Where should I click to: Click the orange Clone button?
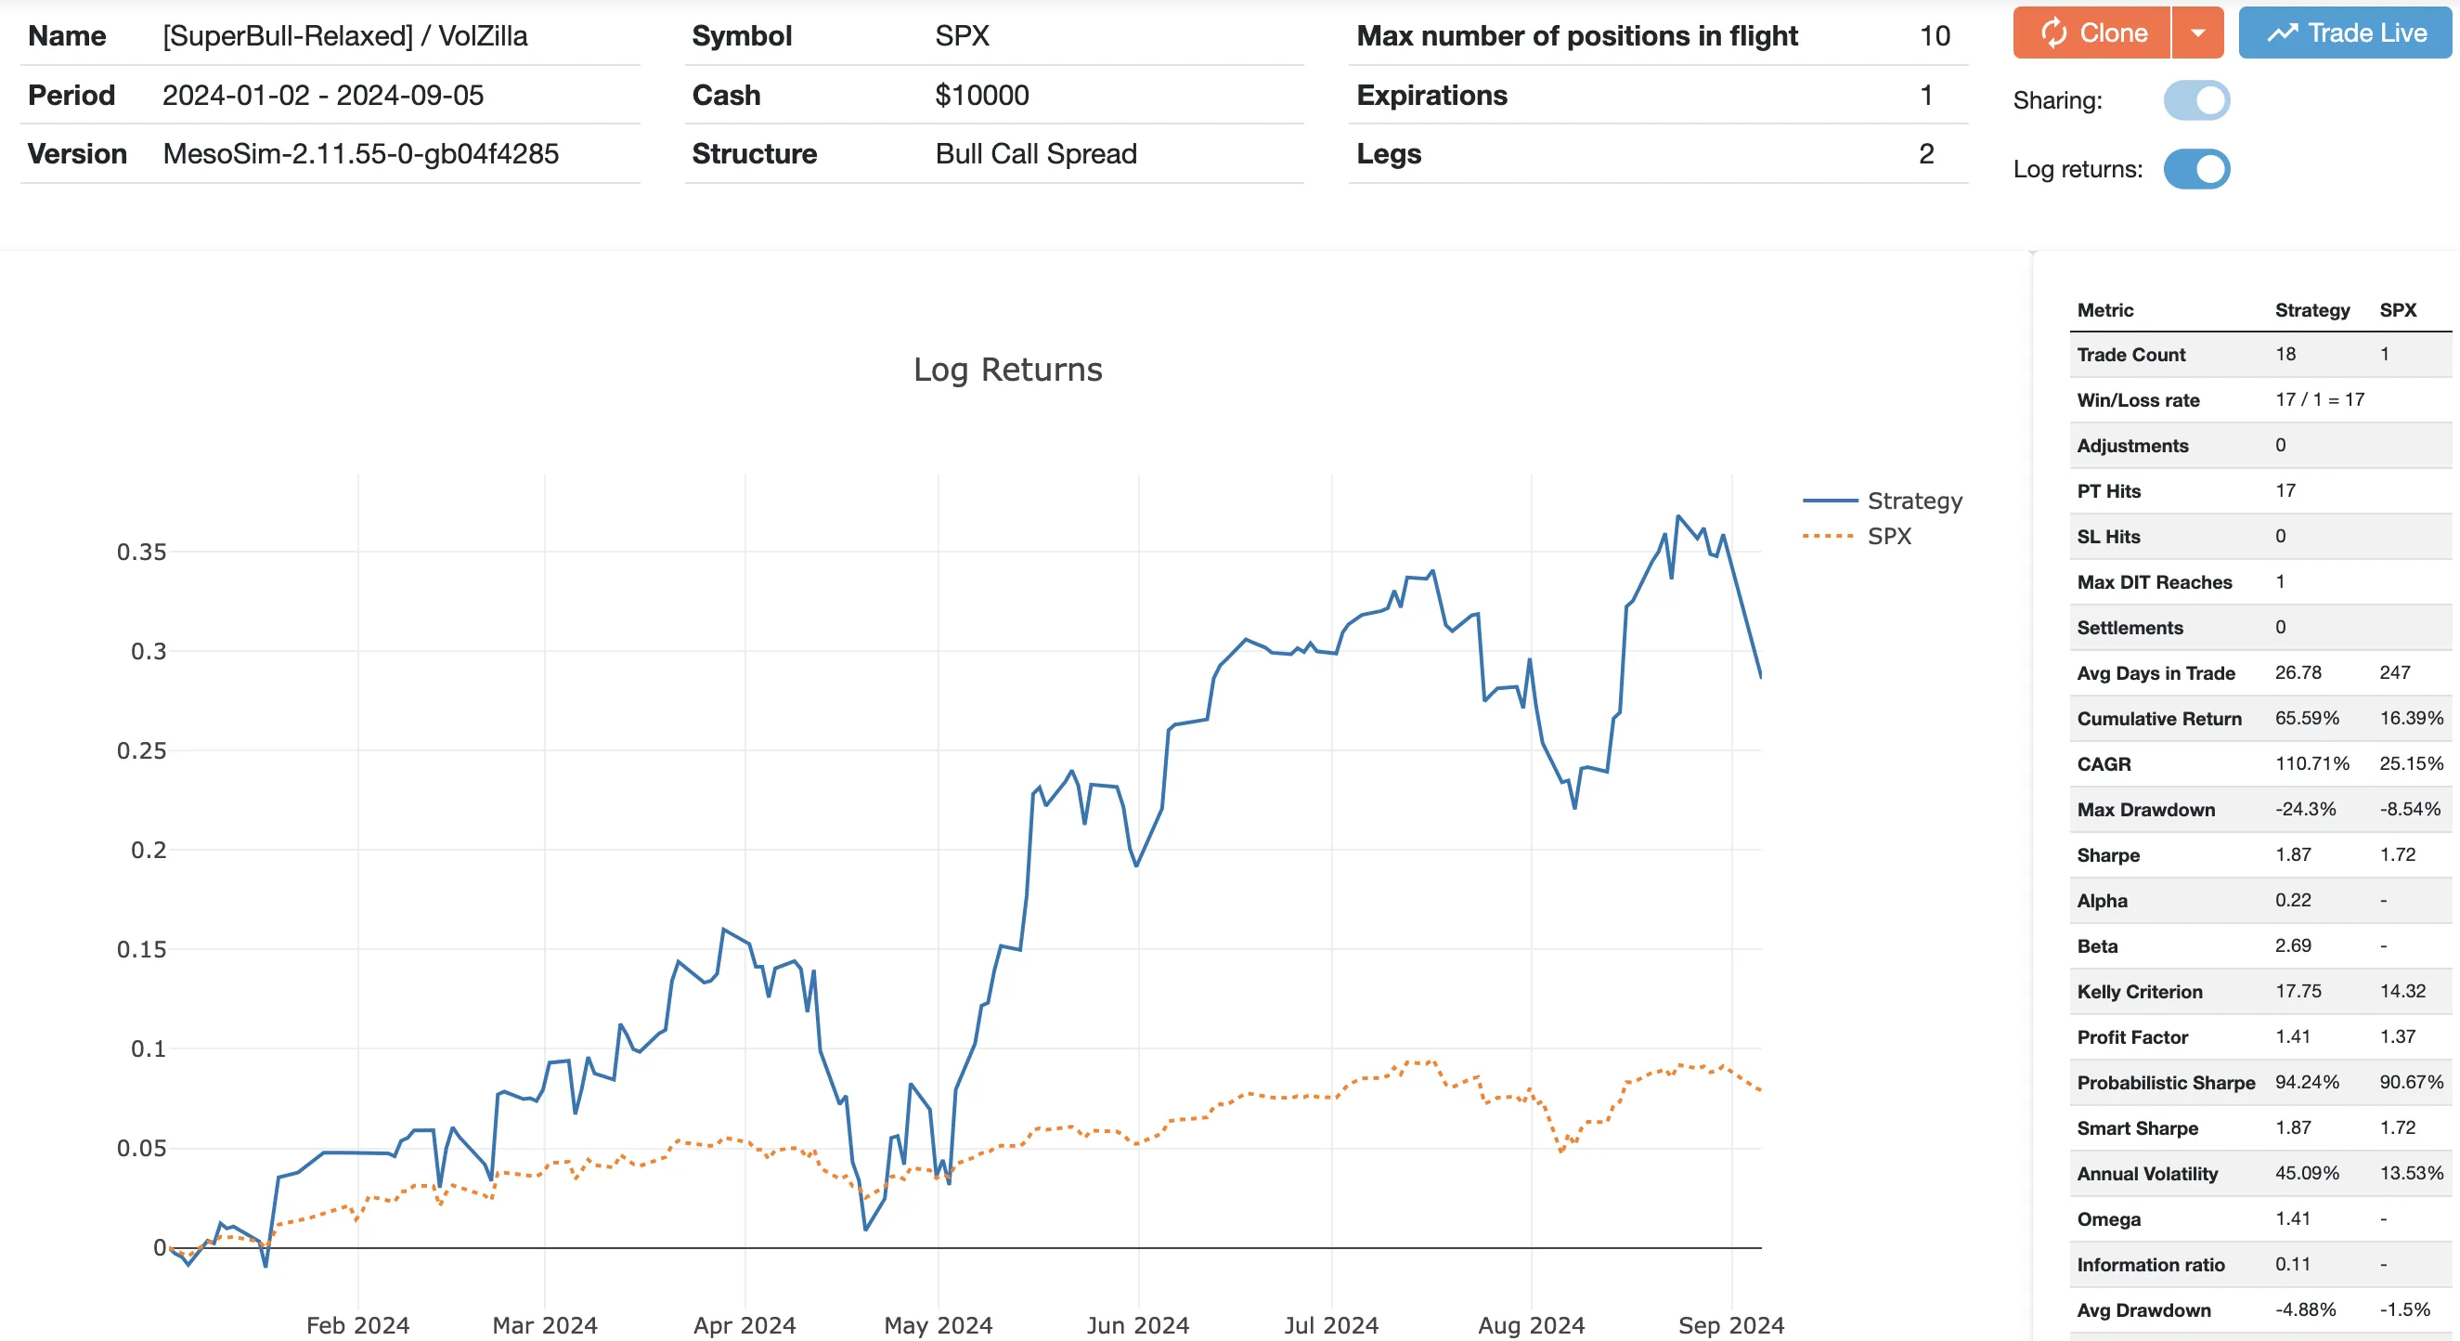click(2091, 33)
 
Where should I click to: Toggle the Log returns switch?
click(2196, 169)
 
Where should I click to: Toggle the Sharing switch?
click(2196, 100)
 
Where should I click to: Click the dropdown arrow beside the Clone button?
click(2197, 33)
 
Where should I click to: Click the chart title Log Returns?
click(1007, 370)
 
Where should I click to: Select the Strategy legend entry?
click(1914, 501)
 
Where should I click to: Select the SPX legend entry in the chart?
click(1889, 536)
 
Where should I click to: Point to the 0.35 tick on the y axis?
click(141, 552)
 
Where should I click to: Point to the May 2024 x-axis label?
click(938, 1325)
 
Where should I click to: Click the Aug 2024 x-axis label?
click(1531, 1325)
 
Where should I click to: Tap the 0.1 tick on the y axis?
click(148, 1048)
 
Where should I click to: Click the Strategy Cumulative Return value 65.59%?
click(2306, 718)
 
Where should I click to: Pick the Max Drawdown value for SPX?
click(2409, 809)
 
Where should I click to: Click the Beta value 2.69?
click(2293, 945)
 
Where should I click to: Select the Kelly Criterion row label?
click(2139, 992)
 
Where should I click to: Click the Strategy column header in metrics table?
click(2312, 310)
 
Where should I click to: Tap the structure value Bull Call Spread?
click(1036, 154)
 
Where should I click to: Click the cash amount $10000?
click(982, 96)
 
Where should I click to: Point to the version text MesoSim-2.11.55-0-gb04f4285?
click(360, 154)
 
